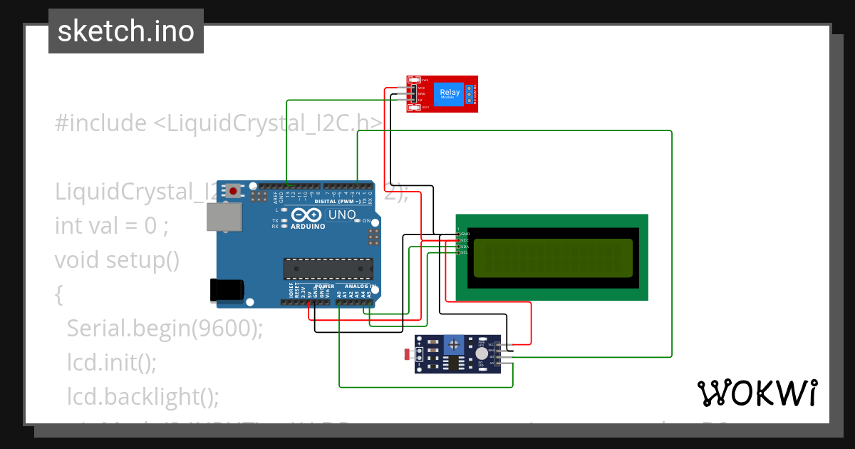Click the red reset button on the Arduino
[233, 190]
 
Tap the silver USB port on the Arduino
[222, 219]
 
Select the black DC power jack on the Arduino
[226, 289]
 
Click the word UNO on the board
[341, 215]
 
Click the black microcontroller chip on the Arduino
[328, 269]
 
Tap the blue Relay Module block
[450, 93]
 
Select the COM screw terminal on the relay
[470, 93]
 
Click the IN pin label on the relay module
[420, 100]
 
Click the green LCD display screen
[552, 257]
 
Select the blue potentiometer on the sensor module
[453, 345]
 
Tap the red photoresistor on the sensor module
[408, 354]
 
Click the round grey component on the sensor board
[482, 353]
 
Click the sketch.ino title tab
[126, 31]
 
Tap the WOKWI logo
[757, 393]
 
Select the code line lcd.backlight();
[143, 396]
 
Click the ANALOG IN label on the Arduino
[355, 287]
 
